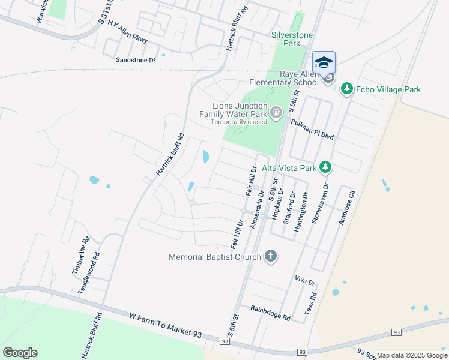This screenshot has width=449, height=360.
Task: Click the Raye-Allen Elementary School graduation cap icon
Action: click(324, 62)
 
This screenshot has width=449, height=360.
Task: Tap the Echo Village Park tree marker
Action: click(346, 89)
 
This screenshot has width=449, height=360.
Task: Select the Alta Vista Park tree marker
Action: click(325, 166)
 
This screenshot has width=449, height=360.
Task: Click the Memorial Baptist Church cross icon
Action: click(271, 256)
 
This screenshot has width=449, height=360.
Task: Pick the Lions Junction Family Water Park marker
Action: click(276, 112)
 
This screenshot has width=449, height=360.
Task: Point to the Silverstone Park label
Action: click(292, 39)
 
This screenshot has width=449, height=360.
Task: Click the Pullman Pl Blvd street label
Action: click(312, 129)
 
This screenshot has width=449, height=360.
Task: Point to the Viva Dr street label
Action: click(305, 280)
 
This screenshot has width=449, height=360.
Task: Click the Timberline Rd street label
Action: click(80, 255)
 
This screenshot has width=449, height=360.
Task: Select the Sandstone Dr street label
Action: click(136, 60)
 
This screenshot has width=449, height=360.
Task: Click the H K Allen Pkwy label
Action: click(127, 31)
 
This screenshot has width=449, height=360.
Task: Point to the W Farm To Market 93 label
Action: click(166, 324)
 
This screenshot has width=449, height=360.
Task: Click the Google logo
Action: click(20, 353)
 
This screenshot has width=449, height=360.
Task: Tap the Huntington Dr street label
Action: click(304, 206)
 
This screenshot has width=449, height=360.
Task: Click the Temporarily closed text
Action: click(238, 122)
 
